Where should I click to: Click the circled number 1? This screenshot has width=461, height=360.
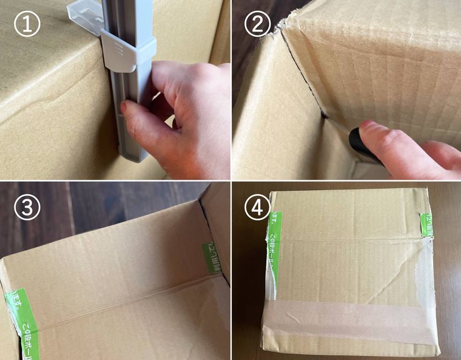click(27, 25)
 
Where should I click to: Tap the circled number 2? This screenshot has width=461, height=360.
click(258, 25)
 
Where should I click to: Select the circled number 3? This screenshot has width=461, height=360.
click(27, 208)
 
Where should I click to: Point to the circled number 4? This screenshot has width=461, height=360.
click(258, 208)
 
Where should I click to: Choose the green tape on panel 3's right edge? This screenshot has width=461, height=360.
click(212, 258)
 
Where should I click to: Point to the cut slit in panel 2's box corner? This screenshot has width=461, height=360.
click(303, 79)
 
